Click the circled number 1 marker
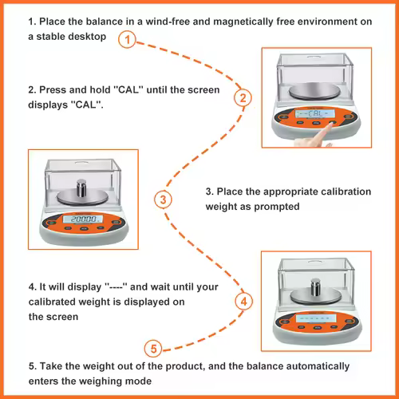(x=127, y=40)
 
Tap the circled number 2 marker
(x=243, y=98)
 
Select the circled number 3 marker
(x=163, y=199)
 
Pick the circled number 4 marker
(x=244, y=302)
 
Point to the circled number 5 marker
(x=153, y=349)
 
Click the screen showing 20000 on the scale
(x=83, y=219)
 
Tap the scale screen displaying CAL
(x=315, y=113)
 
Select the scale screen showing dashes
(x=316, y=318)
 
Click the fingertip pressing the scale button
(x=330, y=126)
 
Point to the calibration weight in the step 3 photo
(x=81, y=188)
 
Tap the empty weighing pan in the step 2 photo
(x=314, y=92)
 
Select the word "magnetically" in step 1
(x=243, y=22)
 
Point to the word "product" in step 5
(x=185, y=366)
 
